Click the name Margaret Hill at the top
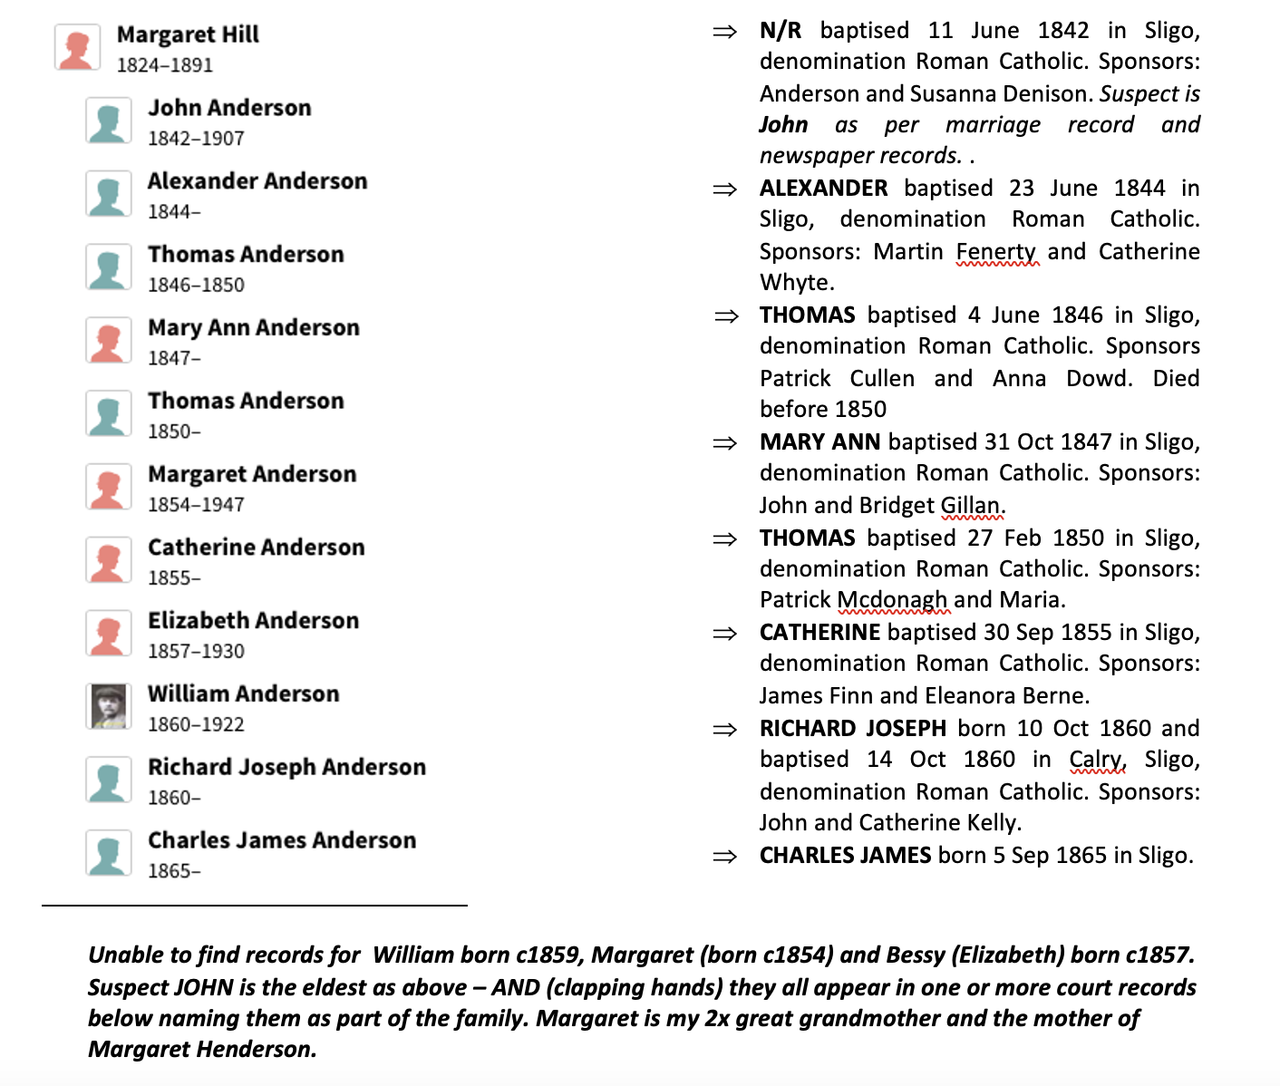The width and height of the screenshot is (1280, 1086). (x=188, y=34)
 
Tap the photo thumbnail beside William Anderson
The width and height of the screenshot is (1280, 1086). (x=109, y=706)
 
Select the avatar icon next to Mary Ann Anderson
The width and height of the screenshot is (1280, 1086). (x=109, y=340)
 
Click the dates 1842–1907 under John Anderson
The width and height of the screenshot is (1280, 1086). (x=196, y=139)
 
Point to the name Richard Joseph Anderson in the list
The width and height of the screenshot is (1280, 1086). (x=286, y=767)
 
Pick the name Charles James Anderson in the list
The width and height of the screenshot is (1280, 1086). (x=282, y=840)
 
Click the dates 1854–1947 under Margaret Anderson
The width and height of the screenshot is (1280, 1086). (x=196, y=505)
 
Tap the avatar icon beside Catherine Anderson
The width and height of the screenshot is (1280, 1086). (x=109, y=559)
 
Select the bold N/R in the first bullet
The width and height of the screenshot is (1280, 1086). (x=781, y=31)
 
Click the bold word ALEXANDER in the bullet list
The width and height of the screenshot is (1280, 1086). (x=823, y=189)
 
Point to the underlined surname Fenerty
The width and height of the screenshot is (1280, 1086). (x=995, y=252)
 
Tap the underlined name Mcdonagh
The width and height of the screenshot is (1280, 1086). (x=892, y=600)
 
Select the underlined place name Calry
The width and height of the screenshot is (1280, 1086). (x=1095, y=760)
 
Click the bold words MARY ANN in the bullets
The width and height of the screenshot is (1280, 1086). (x=819, y=442)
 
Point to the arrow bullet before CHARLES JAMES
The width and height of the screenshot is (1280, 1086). (x=725, y=857)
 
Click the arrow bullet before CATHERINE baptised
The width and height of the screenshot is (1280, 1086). (x=725, y=634)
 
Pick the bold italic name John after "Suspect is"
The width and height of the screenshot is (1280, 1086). (x=783, y=125)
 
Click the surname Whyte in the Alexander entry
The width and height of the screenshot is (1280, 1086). (x=795, y=283)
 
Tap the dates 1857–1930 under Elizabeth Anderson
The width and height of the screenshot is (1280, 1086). (x=196, y=652)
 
